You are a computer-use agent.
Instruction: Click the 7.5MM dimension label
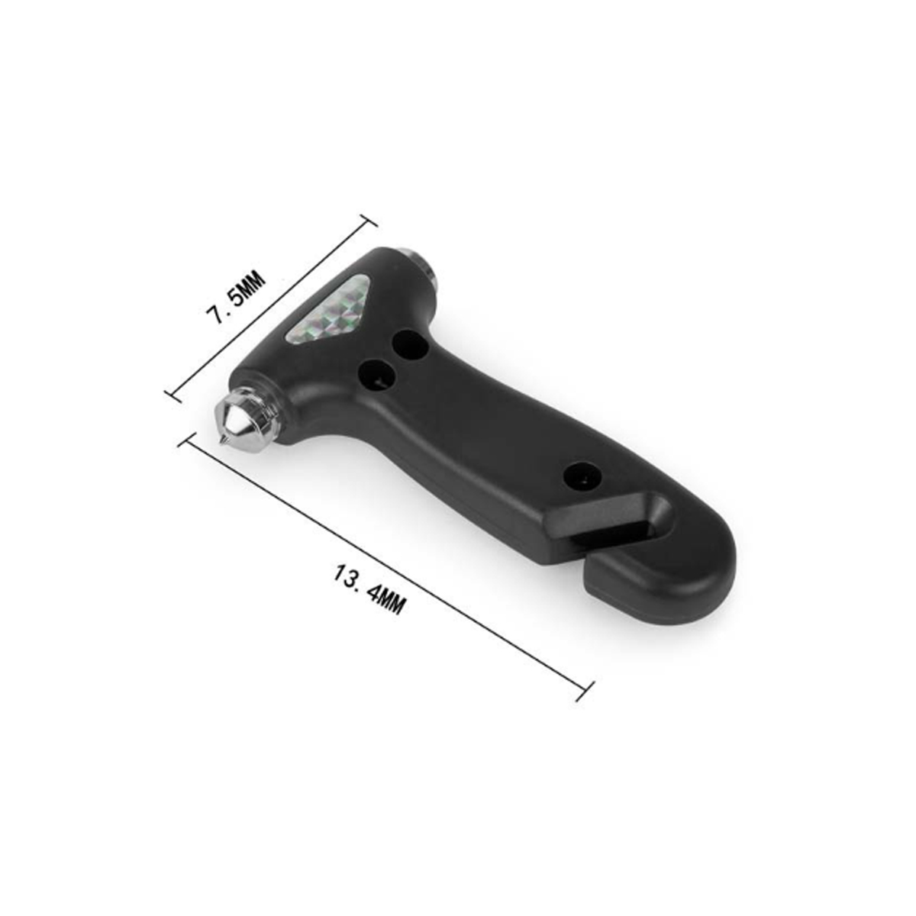point(235,297)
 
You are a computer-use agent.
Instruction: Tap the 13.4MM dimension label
point(369,589)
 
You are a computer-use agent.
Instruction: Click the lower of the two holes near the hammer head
point(378,373)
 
